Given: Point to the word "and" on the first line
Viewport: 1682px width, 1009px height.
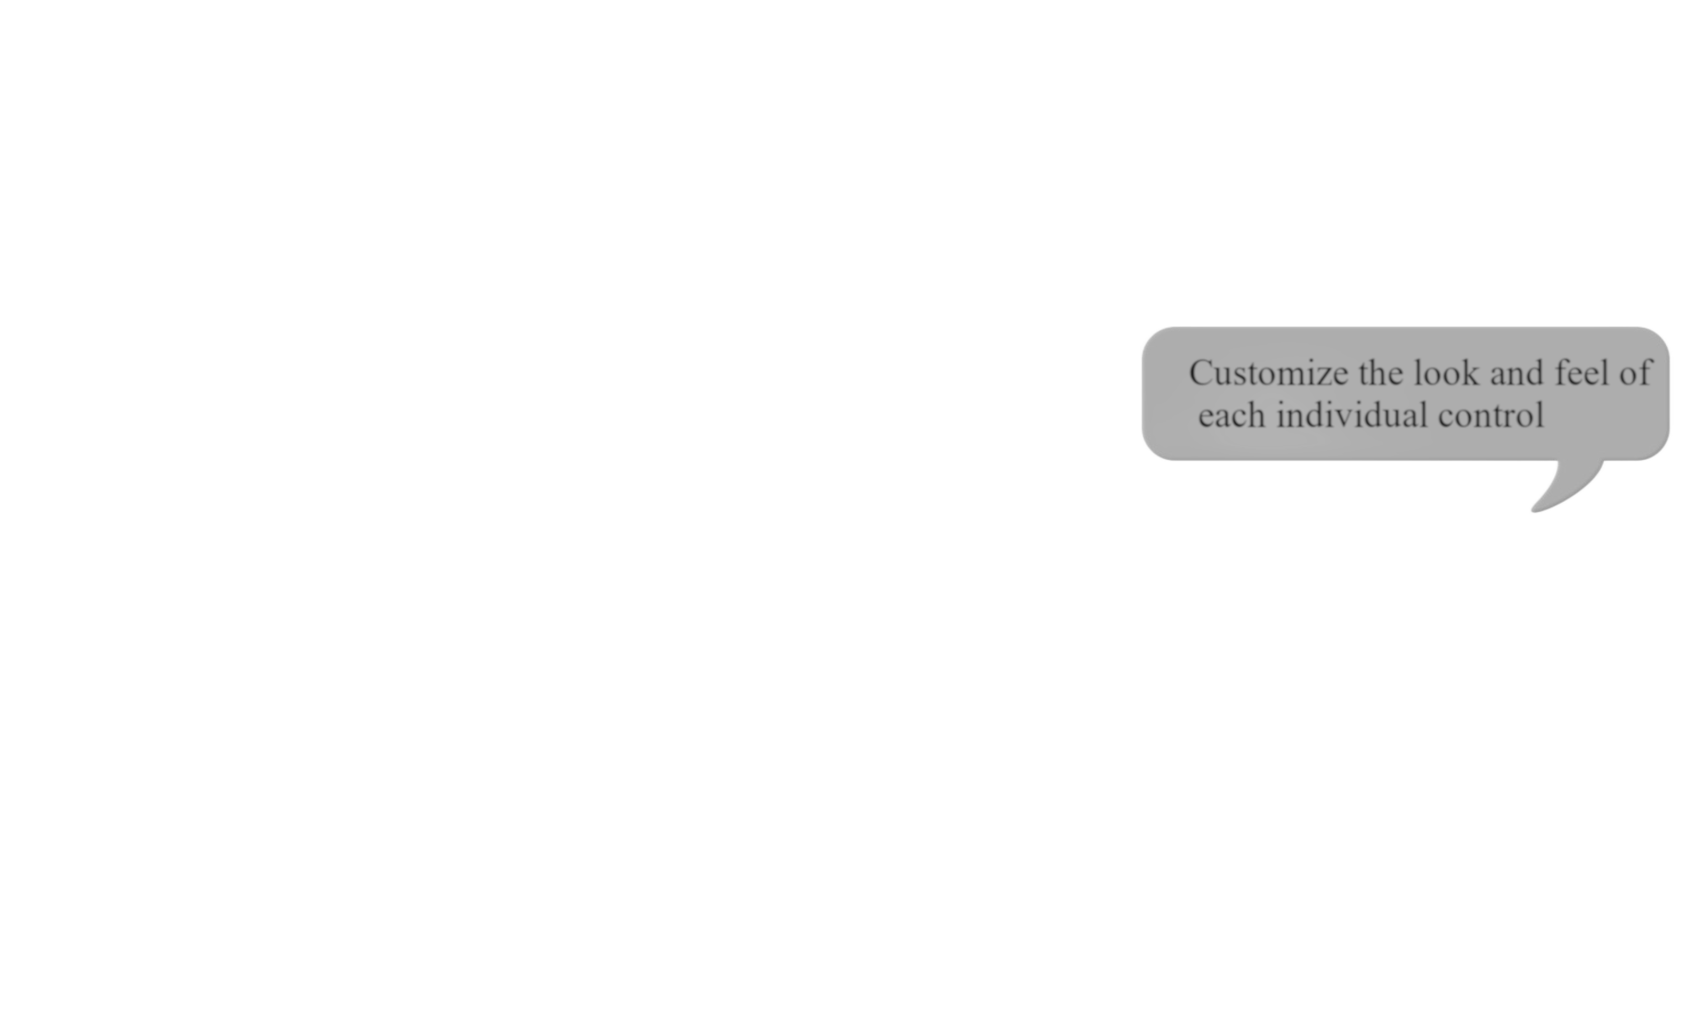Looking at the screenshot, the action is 1516,373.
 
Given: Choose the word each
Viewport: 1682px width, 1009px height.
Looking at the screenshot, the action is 1231,415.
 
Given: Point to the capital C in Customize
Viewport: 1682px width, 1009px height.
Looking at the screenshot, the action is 1200,373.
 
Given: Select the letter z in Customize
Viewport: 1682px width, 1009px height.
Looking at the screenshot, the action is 1317,378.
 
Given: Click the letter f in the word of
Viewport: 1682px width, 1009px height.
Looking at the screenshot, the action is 1645,372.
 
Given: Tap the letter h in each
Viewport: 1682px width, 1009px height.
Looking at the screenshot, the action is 1256,415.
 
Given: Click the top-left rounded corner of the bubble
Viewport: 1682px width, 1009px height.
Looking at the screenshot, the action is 1151,337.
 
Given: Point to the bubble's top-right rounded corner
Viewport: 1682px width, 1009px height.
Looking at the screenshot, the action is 1660,337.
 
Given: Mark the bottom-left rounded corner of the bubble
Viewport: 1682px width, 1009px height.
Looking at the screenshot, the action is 1151,451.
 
